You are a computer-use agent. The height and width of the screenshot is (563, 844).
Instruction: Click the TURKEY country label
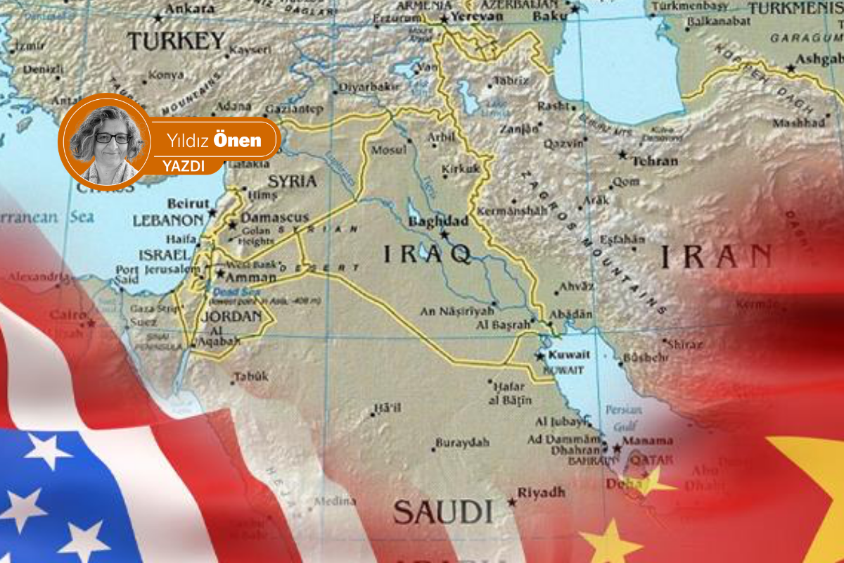pyautogui.click(x=176, y=40)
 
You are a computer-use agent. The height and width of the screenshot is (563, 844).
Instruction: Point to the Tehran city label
pyautogui.click(x=654, y=161)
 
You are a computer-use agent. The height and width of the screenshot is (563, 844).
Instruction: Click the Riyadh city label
pyautogui.click(x=541, y=492)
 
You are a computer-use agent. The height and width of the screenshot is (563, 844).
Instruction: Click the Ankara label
pyautogui.click(x=190, y=9)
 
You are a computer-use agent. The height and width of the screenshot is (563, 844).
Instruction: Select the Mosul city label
pyautogui.click(x=389, y=150)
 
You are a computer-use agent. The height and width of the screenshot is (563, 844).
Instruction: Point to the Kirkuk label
pyautogui.click(x=461, y=169)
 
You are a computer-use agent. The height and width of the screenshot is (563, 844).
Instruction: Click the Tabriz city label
pyautogui.click(x=511, y=81)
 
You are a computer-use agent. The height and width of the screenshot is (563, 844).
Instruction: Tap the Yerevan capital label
pyautogui.click(x=476, y=15)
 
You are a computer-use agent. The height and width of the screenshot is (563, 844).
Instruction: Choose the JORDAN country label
pyautogui.click(x=231, y=316)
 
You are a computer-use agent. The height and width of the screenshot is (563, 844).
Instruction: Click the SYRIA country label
pyautogui.click(x=293, y=181)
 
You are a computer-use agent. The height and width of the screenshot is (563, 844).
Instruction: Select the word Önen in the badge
pyautogui.click(x=236, y=140)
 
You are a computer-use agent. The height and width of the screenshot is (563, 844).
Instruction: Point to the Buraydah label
pyautogui.click(x=461, y=443)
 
